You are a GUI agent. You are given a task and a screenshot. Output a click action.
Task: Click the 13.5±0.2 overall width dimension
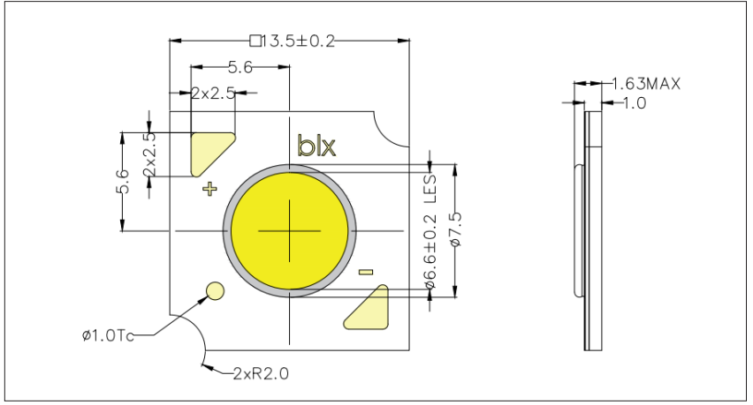tap(297, 41)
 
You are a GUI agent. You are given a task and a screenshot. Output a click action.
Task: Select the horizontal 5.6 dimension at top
tap(240, 66)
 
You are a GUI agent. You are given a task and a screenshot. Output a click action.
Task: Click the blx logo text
tap(316, 146)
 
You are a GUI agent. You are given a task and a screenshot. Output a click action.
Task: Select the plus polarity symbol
tap(209, 188)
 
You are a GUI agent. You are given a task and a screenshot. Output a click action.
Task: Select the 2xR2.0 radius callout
tap(261, 372)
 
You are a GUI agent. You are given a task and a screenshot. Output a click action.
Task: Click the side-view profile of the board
tap(592, 229)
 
